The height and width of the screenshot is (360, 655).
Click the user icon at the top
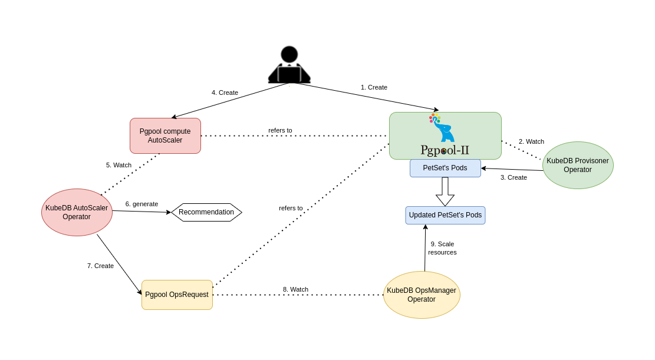coord(289,64)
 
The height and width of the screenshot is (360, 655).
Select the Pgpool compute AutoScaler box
coord(165,136)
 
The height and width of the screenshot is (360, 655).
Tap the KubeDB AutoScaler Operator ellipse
coord(77,212)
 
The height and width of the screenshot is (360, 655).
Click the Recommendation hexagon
coord(206,212)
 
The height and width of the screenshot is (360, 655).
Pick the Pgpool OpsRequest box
coord(177,295)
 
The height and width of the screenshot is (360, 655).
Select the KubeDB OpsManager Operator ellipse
coord(422,295)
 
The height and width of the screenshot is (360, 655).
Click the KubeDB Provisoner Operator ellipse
coord(578,165)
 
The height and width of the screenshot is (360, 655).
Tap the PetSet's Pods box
coord(445,168)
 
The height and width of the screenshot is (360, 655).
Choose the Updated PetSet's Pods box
coord(445,215)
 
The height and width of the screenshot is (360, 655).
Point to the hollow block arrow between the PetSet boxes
coord(445,191)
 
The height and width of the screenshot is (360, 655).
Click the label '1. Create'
coord(374,87)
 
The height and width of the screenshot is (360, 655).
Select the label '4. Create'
coord(225,93)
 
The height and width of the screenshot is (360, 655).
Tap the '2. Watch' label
coord(531,141)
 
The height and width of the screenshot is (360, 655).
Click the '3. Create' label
coord(514,177)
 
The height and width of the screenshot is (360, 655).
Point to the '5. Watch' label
coord(119,165)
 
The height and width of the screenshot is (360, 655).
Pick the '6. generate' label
coord(141,204)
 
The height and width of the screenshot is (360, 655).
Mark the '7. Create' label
coord(100,266)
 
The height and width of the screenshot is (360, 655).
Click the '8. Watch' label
coord(295,289)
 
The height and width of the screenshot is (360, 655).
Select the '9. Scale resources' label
coord(442,248)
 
